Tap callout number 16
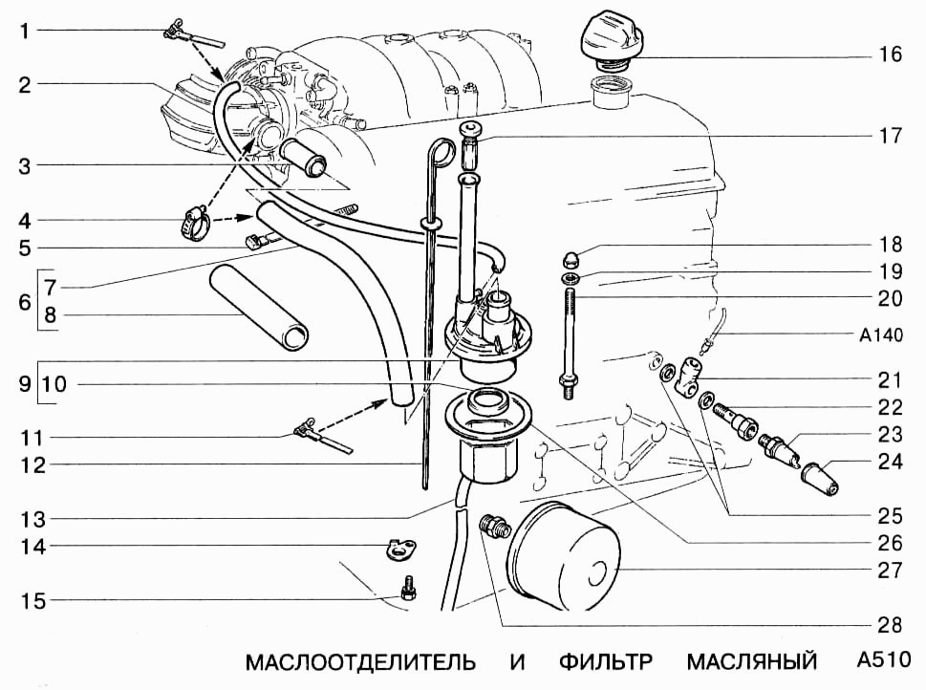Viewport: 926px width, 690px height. coord(890,55)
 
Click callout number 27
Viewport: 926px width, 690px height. coord(890,571)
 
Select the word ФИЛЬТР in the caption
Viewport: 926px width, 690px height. coord(606,662)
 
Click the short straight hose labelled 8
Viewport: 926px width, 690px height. coord(259,310)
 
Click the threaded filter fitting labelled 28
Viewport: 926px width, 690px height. coord(495,527)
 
